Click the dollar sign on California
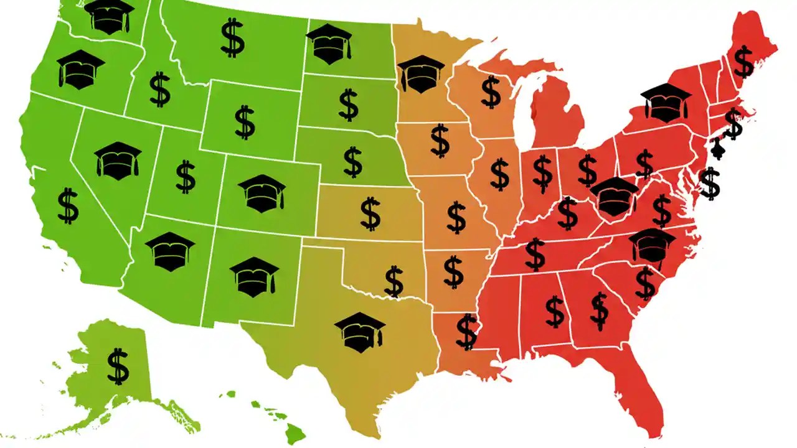coord(68,207)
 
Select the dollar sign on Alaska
coord(118,366)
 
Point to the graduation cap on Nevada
coord(118,161)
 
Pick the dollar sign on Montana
coord(232,37)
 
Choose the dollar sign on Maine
coord(743,61)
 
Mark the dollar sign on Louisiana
coord(466,331)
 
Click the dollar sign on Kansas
coord(370,213)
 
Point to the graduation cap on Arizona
coord(170,251)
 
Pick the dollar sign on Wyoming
coord(245,122)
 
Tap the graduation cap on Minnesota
coord(421,73)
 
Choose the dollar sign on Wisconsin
coord(491,91)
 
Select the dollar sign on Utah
coord(186,176)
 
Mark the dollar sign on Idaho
coord(160,89)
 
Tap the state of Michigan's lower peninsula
coord(557,118)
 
